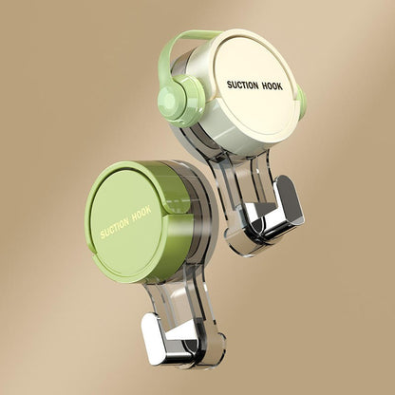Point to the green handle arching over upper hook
(190, 39)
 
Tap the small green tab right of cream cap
(301, 103)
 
